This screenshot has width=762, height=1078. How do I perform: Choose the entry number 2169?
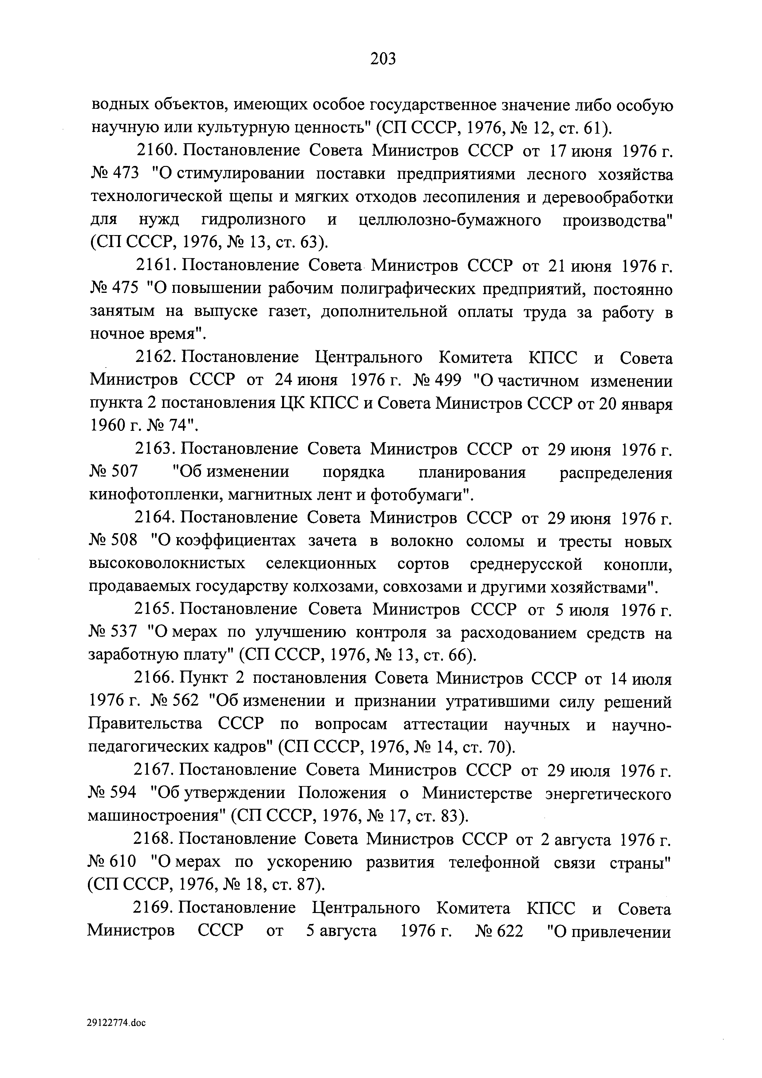click(153, 908)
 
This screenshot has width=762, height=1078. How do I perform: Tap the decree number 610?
click(123, 863)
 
